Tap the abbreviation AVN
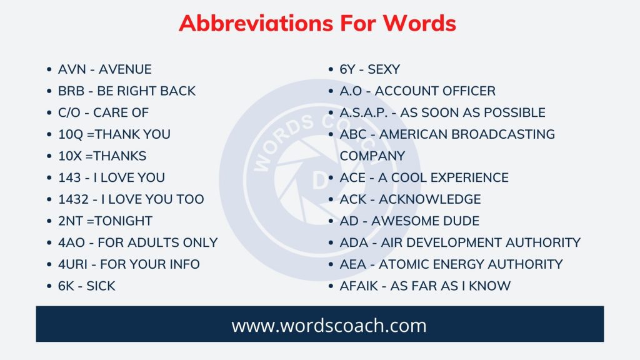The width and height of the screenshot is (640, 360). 72,69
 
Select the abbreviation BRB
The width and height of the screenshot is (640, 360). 72,91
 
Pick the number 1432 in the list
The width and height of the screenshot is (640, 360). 74,199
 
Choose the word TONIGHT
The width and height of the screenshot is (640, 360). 124,221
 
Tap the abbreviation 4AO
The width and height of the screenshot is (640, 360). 72,242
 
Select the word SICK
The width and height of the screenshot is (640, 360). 101,286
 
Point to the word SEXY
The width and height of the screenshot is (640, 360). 384,69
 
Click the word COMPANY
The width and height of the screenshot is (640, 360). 372,156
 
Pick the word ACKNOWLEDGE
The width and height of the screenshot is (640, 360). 430,199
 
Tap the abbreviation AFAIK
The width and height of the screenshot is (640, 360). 361,286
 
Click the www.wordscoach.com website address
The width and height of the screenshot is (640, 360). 320,326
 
